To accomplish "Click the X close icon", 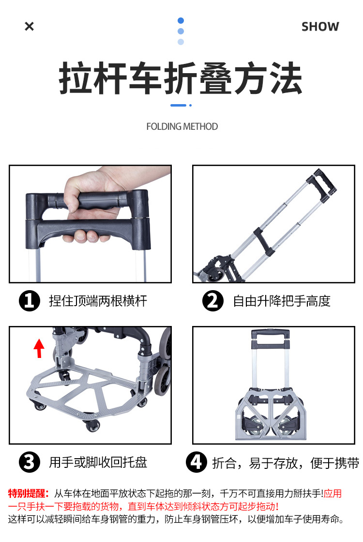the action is coord(30,26).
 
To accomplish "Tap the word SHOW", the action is coord(320,27).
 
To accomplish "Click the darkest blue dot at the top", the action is coord(181,20).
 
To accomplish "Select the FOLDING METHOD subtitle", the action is coord(182,126).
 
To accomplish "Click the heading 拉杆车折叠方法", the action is coord(181,78).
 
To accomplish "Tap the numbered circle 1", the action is coord(30,301).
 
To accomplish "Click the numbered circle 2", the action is coord(213,301).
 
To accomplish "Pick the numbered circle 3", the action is coord(30,462).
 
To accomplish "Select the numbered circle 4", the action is coord(196,462).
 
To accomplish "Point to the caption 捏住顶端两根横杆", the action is coord(98,301).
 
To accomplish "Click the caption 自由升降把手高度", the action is coord(282,301).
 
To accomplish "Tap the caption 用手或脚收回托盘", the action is coord(98,463).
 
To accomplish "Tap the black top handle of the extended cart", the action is coord(321,185).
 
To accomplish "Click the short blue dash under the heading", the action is coord(178,105).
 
